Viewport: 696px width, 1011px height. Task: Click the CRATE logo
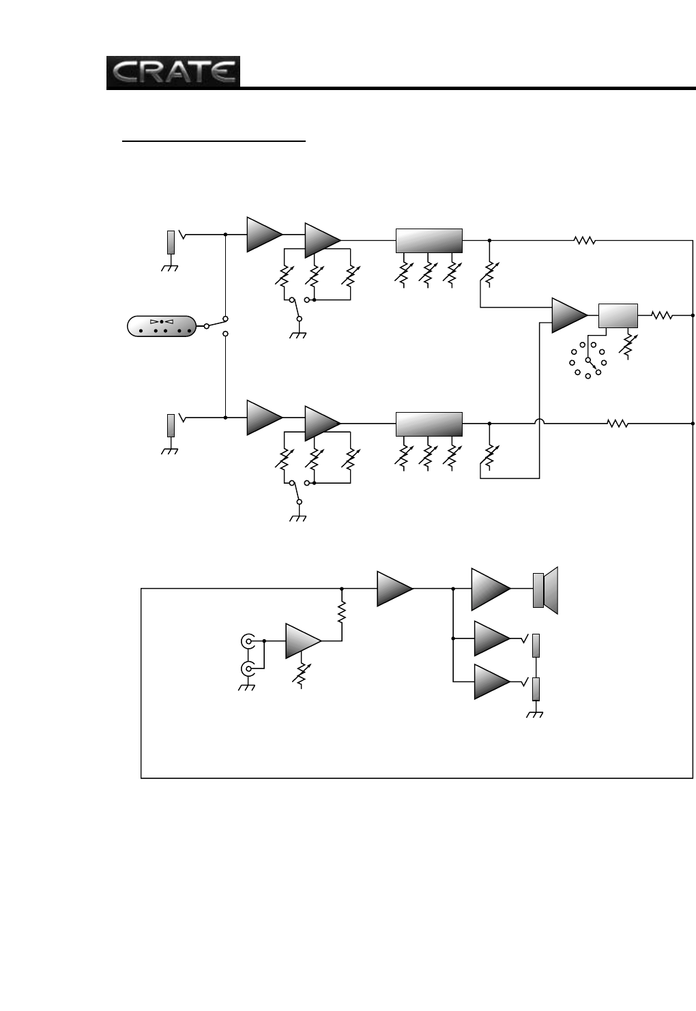point(173,72)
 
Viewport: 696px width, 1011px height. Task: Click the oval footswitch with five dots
point(162,327)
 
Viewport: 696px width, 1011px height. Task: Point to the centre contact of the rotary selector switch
point(588,360)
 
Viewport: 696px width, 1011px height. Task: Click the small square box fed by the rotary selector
point(618,316)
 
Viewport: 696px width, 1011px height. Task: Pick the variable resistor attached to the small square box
point(628,344)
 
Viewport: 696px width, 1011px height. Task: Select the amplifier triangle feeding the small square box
point(568,314)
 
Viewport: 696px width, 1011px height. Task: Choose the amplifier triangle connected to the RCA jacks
point(302,641)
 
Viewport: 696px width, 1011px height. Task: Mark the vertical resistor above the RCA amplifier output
point(342,611)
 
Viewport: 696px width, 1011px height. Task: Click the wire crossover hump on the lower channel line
point(539,424)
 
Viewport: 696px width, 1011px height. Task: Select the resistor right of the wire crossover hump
point(618,424)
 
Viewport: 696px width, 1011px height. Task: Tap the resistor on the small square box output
point(661,315)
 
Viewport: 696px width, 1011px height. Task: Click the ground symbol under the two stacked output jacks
point(536,714)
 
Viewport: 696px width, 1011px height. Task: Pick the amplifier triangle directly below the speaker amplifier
point(491,639)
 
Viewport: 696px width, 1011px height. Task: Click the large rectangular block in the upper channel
point(429,240)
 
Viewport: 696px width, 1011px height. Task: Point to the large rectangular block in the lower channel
point(429,424)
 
